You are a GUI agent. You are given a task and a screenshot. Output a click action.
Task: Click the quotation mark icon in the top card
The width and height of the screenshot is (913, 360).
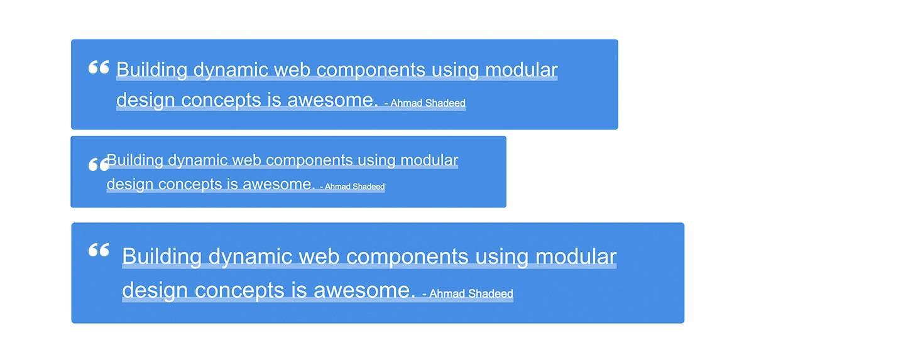(99, 67)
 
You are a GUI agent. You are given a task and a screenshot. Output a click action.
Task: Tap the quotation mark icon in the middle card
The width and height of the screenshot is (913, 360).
(99, 165)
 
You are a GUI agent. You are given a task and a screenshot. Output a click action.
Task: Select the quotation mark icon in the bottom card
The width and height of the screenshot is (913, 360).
(99, 250)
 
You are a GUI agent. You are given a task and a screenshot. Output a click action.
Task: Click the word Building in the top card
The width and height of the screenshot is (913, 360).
(151, 70)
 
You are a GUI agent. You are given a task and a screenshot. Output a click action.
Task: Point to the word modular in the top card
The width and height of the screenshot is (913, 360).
(522, 69)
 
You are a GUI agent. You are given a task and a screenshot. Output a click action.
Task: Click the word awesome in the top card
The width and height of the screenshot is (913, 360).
(332, 100)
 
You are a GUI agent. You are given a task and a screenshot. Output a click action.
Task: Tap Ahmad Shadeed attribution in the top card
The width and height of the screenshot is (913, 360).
(427, 103)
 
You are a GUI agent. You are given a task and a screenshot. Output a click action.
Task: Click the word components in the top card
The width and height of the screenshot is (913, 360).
(371, 70)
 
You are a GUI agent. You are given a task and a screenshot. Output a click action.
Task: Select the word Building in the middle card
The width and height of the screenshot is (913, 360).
(134, 160)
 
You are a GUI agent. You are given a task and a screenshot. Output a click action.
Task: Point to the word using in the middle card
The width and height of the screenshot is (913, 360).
(376, 161)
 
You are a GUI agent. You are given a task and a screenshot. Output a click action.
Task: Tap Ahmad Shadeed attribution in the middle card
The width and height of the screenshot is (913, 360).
(354, 187)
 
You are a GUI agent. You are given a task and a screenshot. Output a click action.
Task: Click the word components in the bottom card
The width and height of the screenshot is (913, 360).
(408, 257)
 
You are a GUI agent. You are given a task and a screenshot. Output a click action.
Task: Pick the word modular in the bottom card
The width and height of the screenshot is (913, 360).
(576, 256)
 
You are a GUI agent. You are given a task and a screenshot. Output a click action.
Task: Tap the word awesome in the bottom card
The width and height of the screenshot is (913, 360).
(364, 291)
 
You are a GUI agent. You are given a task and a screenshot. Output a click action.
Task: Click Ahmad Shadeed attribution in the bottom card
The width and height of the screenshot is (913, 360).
(471, 294)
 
